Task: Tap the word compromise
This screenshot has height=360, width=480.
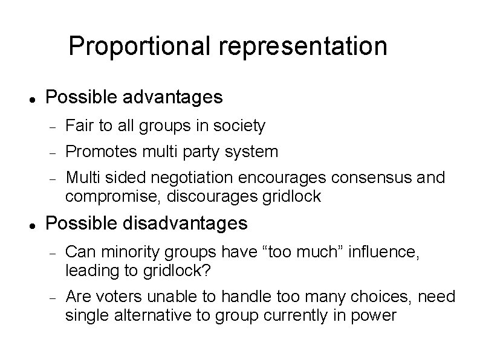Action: (x=107, y=196)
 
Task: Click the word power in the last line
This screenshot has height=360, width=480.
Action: (x=377, y=315)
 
